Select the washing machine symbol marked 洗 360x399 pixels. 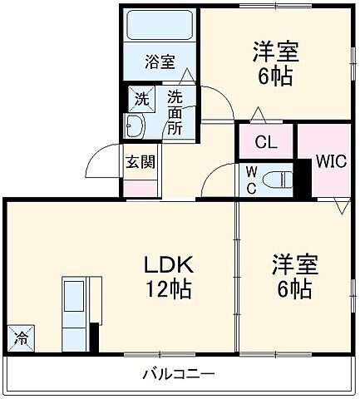[141, 98]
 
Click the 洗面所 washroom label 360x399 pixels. [175, 113]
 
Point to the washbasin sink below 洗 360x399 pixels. [136, 126]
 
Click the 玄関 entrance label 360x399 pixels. [141, 161]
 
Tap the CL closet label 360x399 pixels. [266, 142]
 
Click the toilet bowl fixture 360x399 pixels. [280, 178]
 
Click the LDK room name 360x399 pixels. [169, 266]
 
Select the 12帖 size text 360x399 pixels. [169, 289]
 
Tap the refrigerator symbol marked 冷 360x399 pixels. [19, 337]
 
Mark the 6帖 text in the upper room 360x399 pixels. [275, 76]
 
